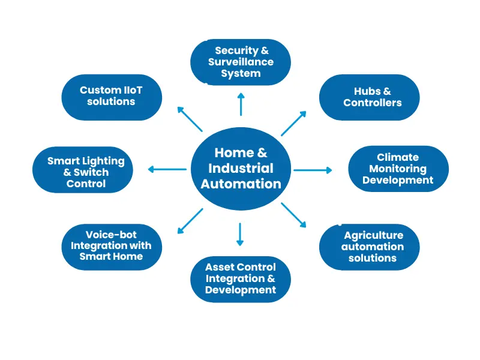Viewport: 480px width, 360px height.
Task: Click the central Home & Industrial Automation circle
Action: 241,169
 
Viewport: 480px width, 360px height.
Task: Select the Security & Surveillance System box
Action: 241,62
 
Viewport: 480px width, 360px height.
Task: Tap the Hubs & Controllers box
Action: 368,97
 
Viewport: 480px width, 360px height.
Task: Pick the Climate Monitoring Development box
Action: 398,169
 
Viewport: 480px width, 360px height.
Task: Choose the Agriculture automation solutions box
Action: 368,247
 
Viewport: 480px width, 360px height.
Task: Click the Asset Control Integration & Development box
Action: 241,278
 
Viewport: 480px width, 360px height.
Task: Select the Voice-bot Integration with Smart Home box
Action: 111,245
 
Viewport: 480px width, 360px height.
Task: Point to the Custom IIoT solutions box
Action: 112,97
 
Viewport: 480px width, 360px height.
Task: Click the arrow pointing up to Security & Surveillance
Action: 241,104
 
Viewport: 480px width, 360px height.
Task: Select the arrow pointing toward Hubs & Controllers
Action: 293,124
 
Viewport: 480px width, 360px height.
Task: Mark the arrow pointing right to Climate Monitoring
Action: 312,170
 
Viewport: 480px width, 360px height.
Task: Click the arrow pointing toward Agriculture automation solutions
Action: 293,214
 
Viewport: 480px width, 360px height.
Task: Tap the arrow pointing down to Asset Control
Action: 240,234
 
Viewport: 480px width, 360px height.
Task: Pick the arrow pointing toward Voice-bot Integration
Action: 190,221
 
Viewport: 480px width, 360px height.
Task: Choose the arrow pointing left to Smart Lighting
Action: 167,170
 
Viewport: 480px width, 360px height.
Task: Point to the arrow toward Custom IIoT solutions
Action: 190,119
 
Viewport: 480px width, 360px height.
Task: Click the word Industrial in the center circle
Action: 241,169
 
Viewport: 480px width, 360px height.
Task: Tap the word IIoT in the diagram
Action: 132,91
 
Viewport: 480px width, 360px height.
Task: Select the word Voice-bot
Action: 111,234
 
